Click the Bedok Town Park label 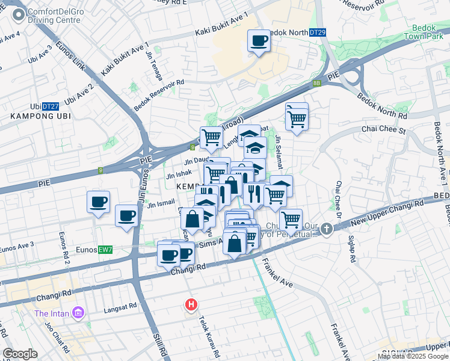pos(428,32)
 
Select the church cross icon pos(326,229)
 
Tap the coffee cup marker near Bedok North pos(259,41)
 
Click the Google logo pos(20,354)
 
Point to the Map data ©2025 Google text pos(413,356)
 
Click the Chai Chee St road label pos(384,129)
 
